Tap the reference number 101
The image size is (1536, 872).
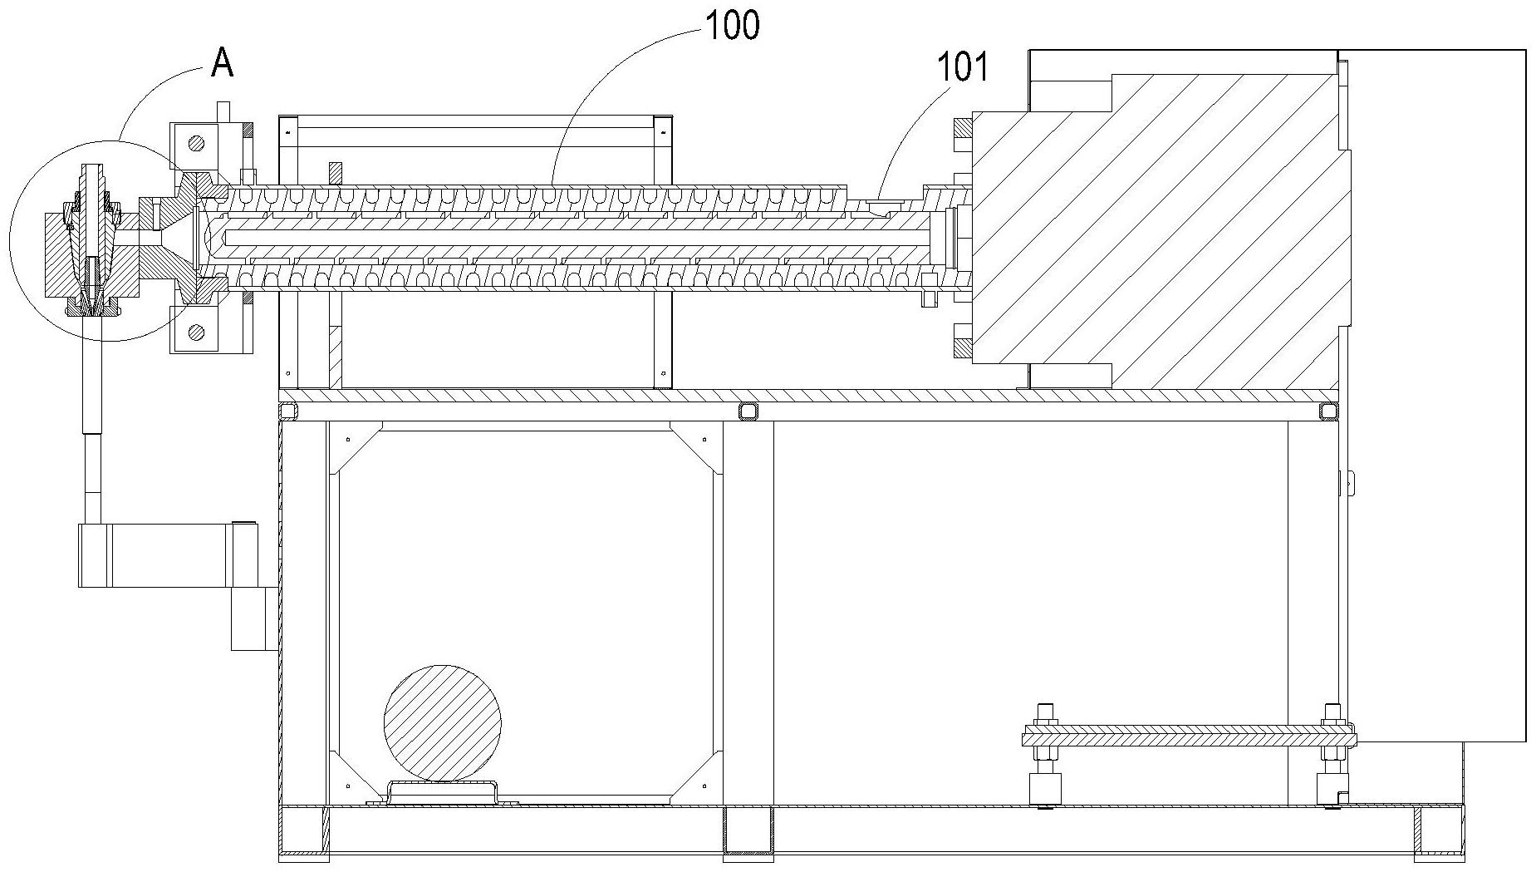click(x=963, y=67)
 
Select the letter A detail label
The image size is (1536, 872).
click(x=222, y=62)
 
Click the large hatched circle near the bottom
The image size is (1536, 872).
click(x=443, y=723)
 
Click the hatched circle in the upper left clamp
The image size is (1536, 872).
click(x=196, y=143)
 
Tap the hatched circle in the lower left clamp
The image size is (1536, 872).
click(x=196, y=333)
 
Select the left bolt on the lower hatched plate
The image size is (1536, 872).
click(x=1045, y=755)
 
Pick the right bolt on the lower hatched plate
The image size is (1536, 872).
click(x=1332, y=755)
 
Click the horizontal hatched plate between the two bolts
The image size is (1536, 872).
click(x=1189, y=736)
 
